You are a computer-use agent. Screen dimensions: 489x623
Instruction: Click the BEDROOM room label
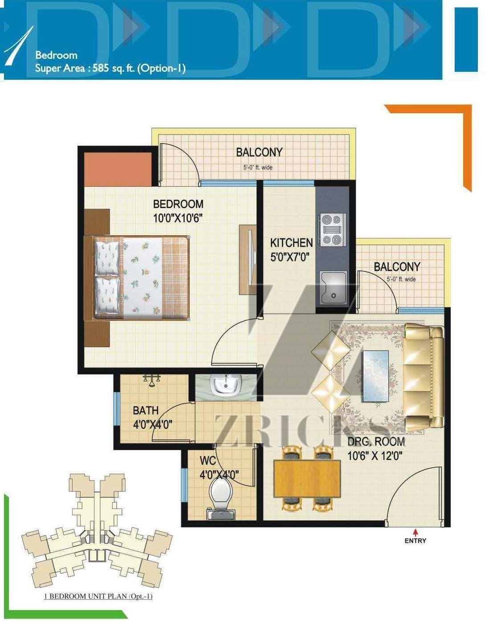click(178, 205)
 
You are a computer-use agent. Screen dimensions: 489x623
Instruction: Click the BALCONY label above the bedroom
click(259, 152)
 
